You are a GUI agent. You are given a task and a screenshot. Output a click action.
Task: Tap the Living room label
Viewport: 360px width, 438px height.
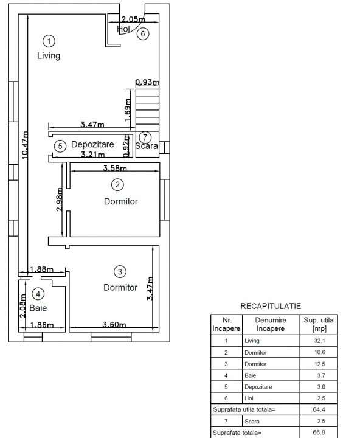49,56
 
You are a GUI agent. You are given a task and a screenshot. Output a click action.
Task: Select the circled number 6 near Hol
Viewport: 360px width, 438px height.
142,33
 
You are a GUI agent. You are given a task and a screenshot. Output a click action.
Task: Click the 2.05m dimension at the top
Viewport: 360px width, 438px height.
132,19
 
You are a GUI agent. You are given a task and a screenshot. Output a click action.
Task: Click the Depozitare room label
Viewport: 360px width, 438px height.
92,145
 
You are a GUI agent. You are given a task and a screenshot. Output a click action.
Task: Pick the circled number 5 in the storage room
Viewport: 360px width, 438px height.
59,146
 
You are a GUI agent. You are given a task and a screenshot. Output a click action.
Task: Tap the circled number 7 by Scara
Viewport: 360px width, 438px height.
145,137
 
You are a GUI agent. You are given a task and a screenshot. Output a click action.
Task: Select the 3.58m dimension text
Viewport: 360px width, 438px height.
115,168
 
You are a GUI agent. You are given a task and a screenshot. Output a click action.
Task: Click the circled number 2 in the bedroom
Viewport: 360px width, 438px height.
117,184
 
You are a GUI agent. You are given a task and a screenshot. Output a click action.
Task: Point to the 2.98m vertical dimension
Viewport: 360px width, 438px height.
60,200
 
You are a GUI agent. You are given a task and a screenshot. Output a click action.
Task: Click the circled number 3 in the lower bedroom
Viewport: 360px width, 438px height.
120,271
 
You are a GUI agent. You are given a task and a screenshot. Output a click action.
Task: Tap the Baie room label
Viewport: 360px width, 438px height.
38,308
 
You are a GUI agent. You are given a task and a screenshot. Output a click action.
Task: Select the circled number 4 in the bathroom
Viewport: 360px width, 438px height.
38,294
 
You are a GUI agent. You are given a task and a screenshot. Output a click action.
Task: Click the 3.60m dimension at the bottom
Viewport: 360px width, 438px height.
115,325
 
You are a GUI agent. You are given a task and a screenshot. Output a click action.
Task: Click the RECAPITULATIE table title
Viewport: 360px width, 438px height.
271,306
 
